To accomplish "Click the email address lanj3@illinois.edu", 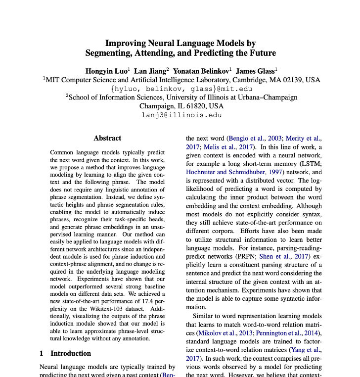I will coord(181,115).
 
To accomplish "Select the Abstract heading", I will coord(107,138).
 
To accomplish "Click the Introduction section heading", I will coord(71,353).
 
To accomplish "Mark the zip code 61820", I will coord(197,106).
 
